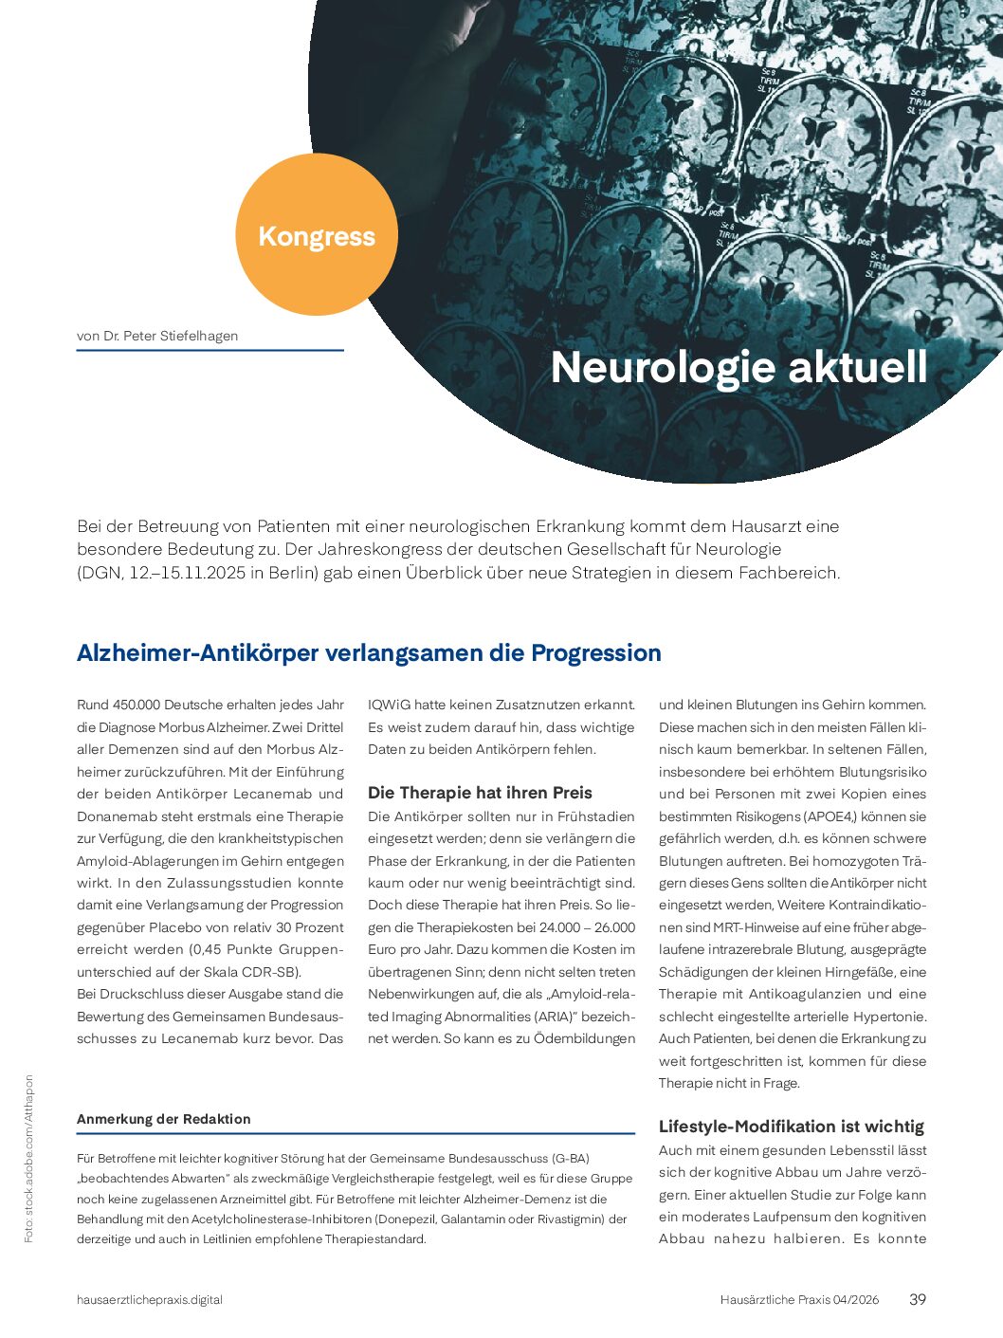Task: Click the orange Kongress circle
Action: (316, 235)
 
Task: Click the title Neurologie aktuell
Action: (739, 368)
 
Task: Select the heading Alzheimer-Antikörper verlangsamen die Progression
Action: (369, 653)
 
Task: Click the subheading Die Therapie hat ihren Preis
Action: (480, 793)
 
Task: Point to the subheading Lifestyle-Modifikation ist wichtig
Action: (791, 1127)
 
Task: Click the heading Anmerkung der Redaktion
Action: (164, 1119)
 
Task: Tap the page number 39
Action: (917, 1299)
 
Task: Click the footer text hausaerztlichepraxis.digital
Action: (150, 1300)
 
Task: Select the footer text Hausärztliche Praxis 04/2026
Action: (799, 1300)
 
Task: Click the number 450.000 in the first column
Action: (137, 705)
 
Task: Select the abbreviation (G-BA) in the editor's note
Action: (572, 1158)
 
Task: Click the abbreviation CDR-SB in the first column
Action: (271, 972)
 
